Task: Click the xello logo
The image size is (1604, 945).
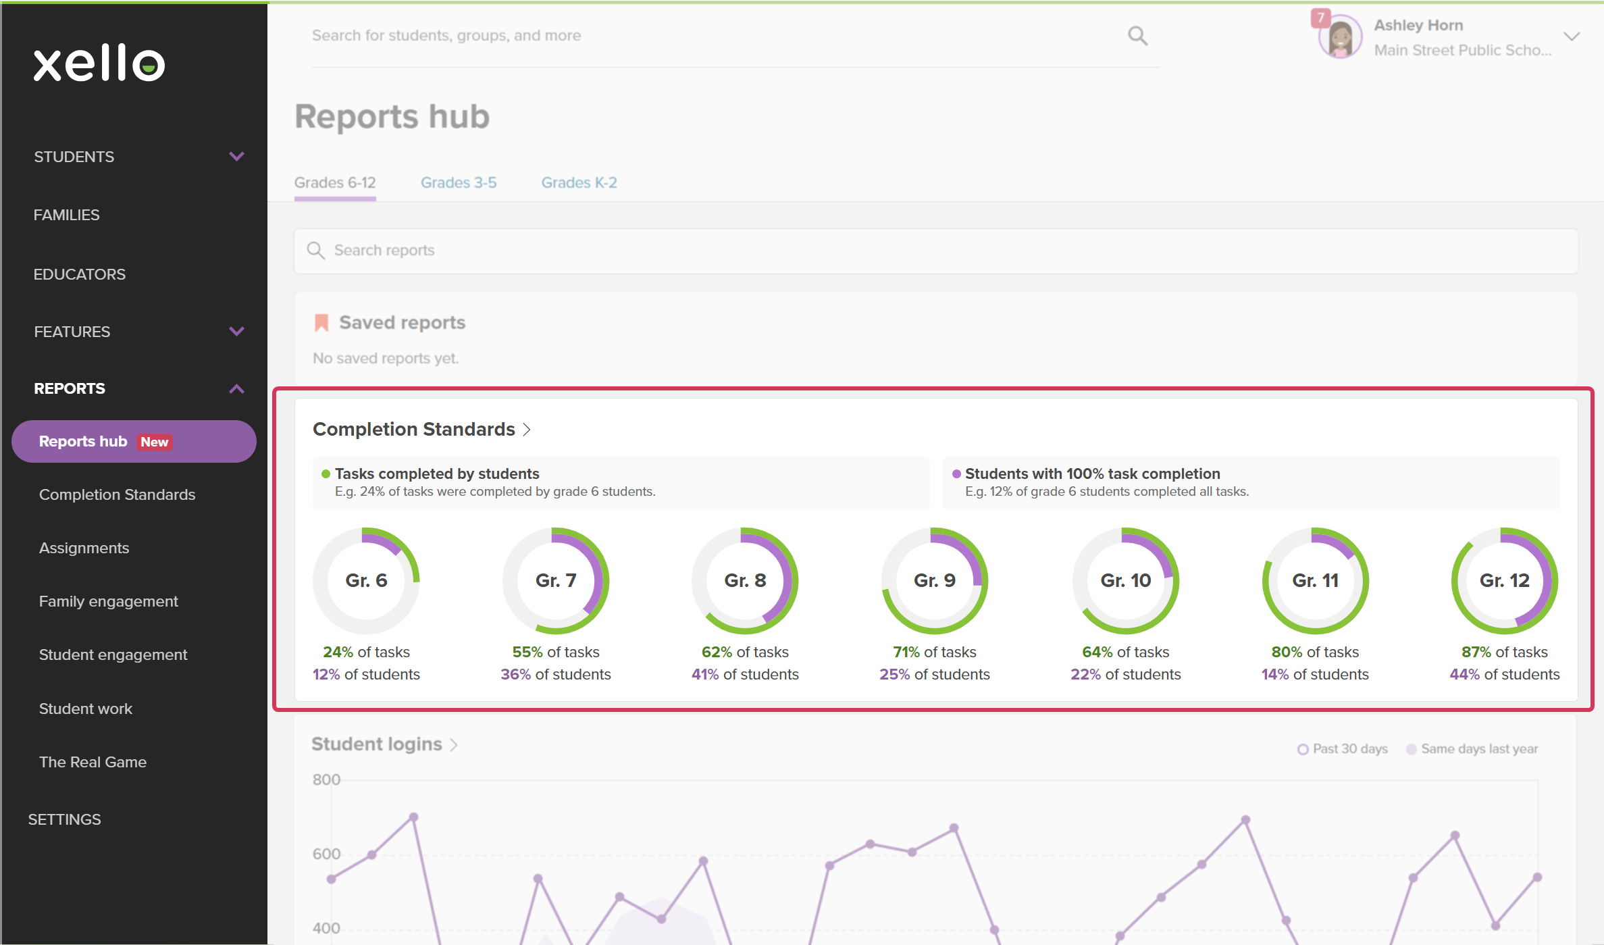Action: point(99,63)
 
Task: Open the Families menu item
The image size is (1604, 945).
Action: point(66,215)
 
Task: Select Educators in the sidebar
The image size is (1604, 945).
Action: point(80,274)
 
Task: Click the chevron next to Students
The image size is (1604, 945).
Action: point(236,157)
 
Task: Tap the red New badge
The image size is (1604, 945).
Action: point(155,442)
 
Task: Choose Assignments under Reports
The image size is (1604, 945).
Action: point(84,548)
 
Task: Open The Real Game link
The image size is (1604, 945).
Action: point(93,762)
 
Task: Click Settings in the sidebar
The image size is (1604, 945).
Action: point(64,819)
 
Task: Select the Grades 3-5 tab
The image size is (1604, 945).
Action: point(459,182)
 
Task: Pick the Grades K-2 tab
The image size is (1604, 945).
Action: point(579,182)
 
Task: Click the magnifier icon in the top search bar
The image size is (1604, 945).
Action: point(1137,35)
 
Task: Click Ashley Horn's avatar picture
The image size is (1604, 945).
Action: point(1340,37)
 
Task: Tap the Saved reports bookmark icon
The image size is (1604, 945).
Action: point(321,323)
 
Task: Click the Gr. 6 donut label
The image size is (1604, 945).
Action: point(366,580)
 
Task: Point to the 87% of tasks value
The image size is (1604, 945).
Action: point(1504,652)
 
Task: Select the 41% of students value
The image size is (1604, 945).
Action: point(745,674)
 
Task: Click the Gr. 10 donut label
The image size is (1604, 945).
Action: point(1125,580)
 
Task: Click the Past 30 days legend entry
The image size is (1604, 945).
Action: point(1343,749)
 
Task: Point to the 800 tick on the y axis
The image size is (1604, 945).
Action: point(326,780)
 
